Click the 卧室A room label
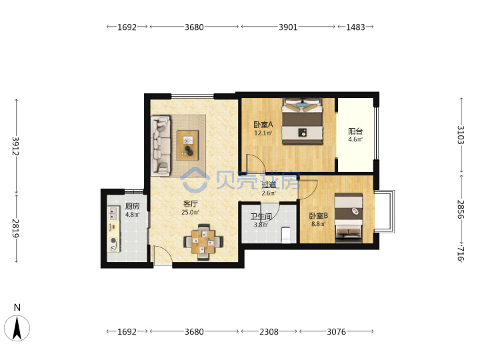click(263, 125)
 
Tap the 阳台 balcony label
click(355, 131)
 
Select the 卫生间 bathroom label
click(261, 217)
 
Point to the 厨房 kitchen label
click(132, 206)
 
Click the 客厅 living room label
click(190, 204)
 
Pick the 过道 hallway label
click(269, 185)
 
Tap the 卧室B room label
click(319, 216)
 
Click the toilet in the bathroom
click(285, 235)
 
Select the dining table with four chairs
click(203, 242)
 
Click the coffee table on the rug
click(187, 145)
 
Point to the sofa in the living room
click(161, 146)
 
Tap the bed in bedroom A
click(302, 121)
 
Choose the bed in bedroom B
click(349, 218)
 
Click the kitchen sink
click(113, 213)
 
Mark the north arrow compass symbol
click(17, 327)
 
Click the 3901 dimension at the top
click(288, 27)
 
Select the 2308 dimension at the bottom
click(269, 331)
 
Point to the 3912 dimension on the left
click(15, 146)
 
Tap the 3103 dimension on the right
click(461, 135)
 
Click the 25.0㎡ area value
click(190, 212)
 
